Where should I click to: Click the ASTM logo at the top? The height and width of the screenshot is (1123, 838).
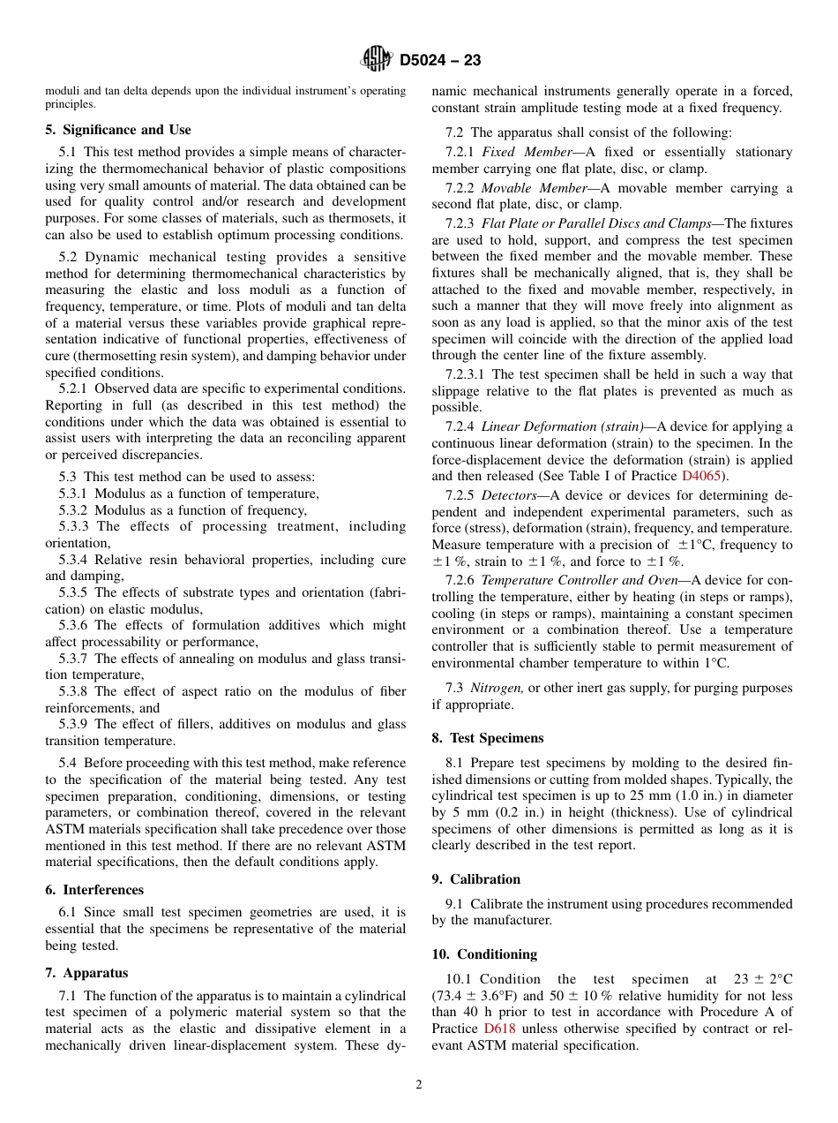click(x=377, y=60)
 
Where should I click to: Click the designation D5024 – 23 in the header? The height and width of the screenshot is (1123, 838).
click(x=440, y=61)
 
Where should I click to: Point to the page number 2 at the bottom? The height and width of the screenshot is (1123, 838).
click(x=419, y=1085)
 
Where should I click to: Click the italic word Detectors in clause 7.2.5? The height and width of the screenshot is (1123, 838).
click(x=509, y=496)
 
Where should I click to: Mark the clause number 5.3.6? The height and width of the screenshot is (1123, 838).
click(x=73, y=625)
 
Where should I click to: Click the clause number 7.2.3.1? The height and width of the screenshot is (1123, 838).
click(x=473, y=375)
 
